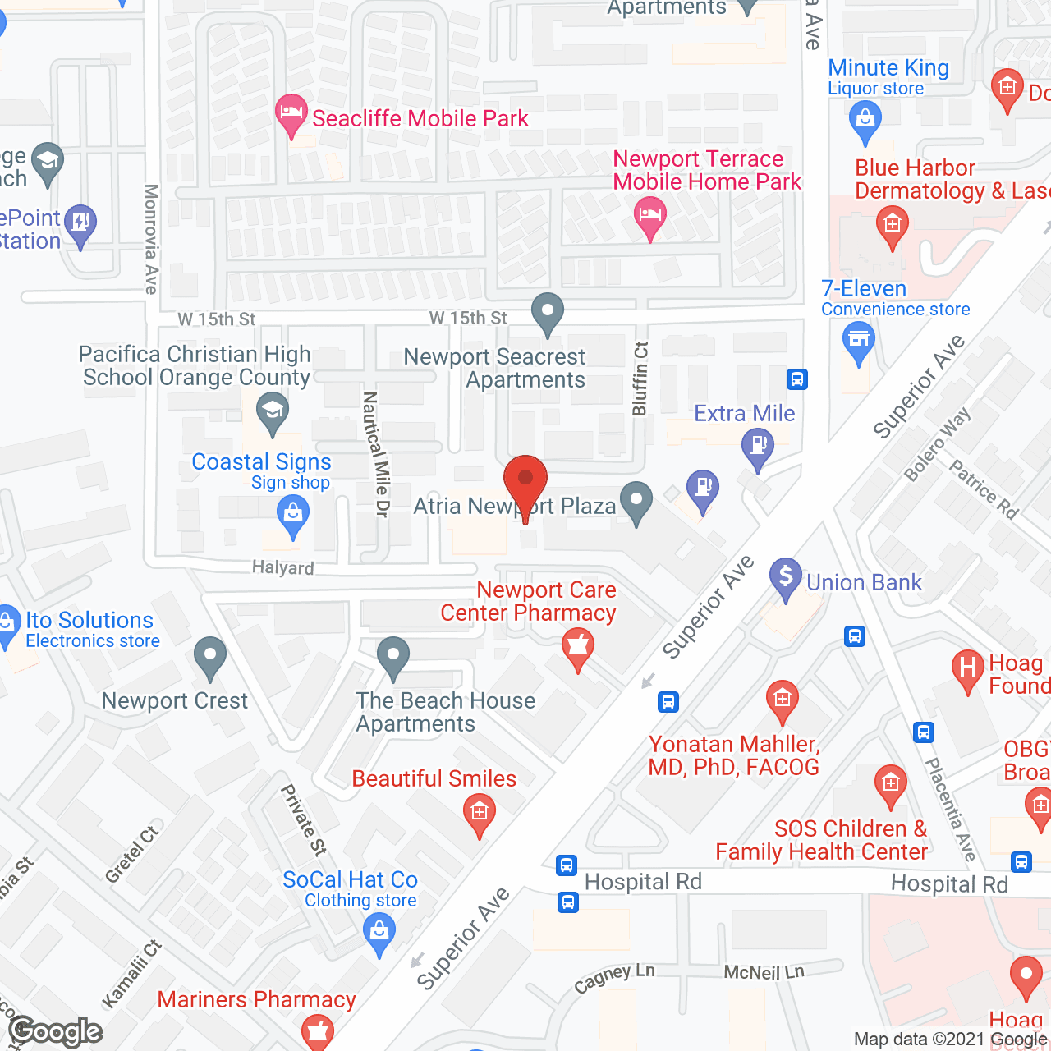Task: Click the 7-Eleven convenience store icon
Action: click(859, 340)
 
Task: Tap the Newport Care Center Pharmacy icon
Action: click(578, 647)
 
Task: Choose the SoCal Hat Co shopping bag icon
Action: click(379, 933)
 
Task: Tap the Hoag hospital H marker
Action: click(968, 668)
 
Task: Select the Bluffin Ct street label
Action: click(640, 378)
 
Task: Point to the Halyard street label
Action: click(282, 567)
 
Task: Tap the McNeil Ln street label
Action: click(764, 972)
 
